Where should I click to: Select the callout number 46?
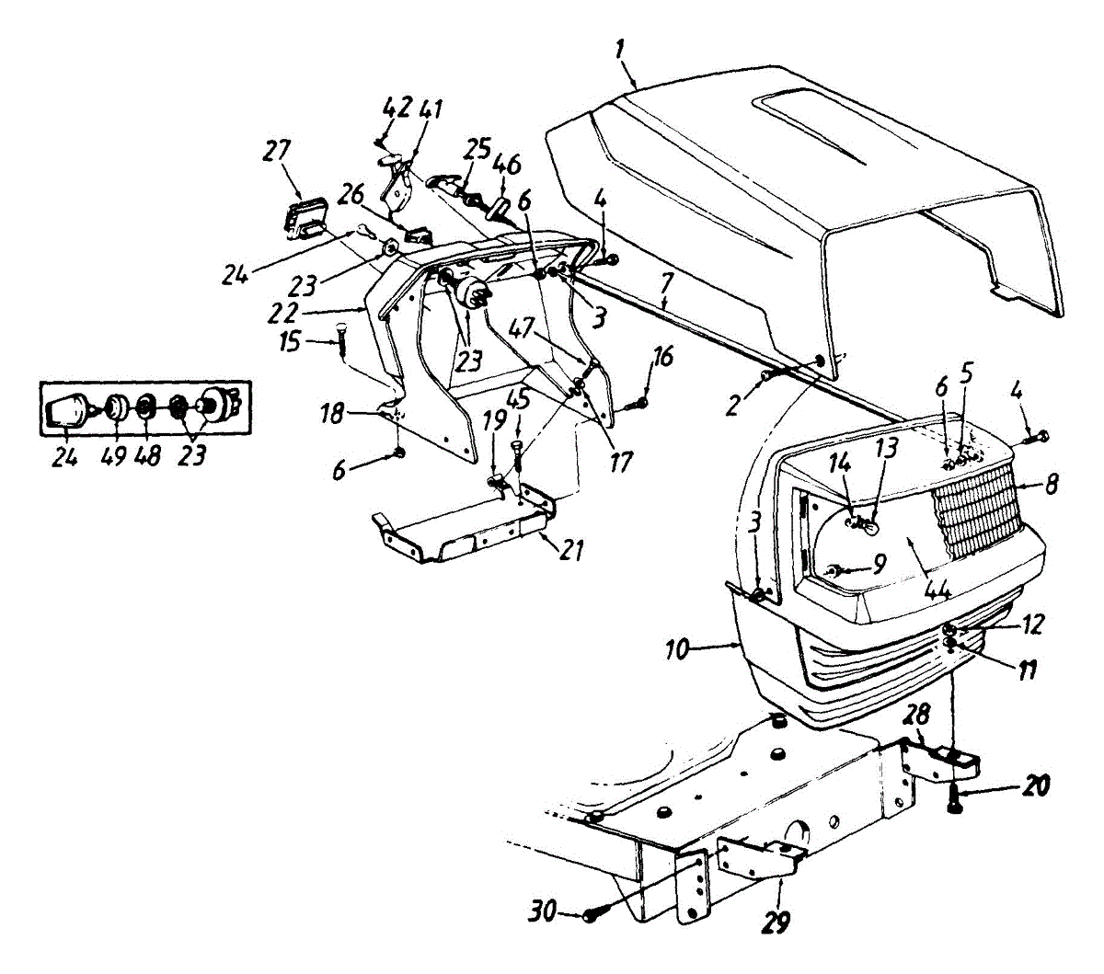507,166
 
